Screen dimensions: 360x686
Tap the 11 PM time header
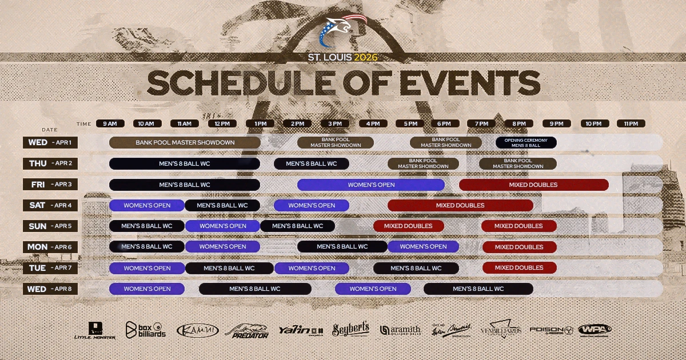(x=631, y=123)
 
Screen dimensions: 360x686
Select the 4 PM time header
(x=373, y=123)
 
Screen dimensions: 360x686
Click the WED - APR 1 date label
(x=50, y=142)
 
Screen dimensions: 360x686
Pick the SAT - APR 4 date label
(x=50, y=205)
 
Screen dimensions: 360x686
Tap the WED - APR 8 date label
(x=50, y=289)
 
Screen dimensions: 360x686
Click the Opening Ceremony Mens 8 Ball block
(x=526, y=142)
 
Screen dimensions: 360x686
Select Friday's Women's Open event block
(x=371, y=185)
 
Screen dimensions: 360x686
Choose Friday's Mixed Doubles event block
(x=533, y=185)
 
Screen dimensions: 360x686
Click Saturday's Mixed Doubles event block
(x=460, y=205)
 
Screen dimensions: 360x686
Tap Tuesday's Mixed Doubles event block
(x=519, y=267)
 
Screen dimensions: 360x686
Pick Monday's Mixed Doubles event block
(x=519, y=247)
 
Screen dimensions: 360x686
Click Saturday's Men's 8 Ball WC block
(x=222, y=205)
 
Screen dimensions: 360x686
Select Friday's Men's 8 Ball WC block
(x=185, y=185)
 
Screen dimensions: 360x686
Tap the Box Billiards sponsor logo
(x=146, y=330)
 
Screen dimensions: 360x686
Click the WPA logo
(x=595, y=330)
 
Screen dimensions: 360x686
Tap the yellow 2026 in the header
(x=366, y=57)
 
